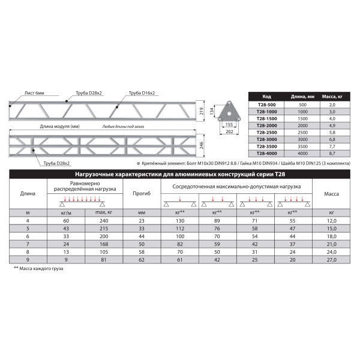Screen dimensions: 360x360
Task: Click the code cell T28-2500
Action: tap(266, 132)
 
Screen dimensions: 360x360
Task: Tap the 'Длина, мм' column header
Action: tap(303, 97)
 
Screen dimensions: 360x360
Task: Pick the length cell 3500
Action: tap(303, 146)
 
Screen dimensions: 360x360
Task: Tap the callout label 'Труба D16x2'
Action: tap(141, 93)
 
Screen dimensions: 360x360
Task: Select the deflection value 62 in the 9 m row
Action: tap(142, 260)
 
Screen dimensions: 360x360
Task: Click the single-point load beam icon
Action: tap(180, 202)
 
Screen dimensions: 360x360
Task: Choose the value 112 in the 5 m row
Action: tap(180, 229)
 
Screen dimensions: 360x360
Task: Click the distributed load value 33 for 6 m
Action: tap(67, 236)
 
